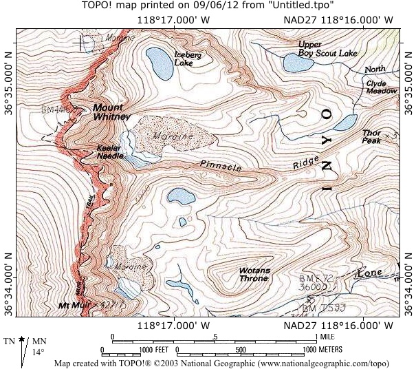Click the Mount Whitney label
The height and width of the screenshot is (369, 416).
(112, 112)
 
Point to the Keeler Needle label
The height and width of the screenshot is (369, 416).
(110, 152)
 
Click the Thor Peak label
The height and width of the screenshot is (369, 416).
(371, 136)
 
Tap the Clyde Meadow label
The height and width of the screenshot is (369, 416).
(382, 87)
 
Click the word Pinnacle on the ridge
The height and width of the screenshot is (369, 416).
(222, 166)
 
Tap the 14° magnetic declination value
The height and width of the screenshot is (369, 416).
(39, 352)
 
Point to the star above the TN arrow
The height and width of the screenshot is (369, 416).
(23, 340)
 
